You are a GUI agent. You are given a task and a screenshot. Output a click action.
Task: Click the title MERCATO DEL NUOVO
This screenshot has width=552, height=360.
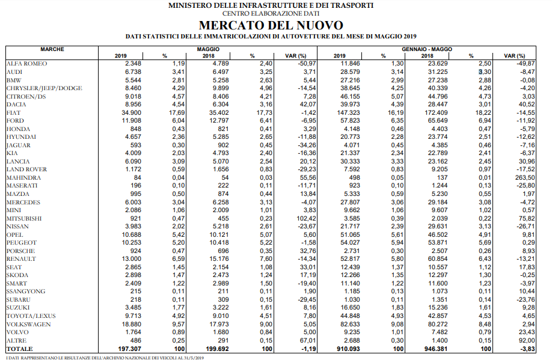[x=271, y=25]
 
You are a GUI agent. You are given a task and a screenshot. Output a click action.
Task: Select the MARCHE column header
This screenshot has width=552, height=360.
[x=52, y=49]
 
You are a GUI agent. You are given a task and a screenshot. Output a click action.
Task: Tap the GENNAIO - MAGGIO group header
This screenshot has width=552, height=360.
[x=427, y=49]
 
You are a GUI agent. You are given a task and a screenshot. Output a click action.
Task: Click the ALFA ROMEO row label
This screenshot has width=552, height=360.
[x=26, y=63]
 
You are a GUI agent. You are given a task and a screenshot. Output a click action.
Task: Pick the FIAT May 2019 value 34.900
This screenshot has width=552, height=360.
[x=129, y=112]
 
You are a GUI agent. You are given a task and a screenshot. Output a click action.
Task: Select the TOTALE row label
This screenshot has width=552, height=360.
[x=19, y=349]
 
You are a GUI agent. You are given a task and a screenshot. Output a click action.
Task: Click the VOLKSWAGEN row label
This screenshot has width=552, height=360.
[x=28, y=324]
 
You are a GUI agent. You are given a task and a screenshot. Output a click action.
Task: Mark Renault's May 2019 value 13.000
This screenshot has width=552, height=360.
[x=129, y=259]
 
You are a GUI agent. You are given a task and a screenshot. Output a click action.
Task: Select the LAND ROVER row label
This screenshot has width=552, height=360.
[x=27, y=169]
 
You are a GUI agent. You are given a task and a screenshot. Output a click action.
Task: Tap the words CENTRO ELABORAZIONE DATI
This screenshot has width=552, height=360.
[x=271, y=13]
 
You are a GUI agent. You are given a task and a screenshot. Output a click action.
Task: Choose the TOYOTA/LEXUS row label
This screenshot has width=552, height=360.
[x=31, y=316]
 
